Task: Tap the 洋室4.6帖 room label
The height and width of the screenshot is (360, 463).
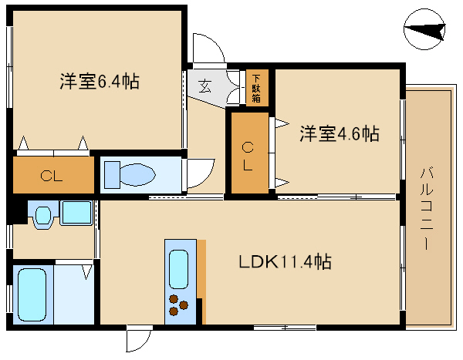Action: pyautogui.click(x=339, y=133)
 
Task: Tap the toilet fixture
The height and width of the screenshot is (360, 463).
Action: pyautogui.click(x=136, y=174)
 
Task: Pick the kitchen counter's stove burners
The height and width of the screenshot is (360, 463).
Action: pyautogui.click(x=178, y=306)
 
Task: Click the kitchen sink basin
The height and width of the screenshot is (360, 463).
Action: pyautogui.click(x=178, y=269)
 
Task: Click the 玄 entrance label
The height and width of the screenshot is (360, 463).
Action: pyautogui.click(x=206, y=86)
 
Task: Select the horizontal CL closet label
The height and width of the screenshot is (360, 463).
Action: pyautogui.click(x=51, y=175)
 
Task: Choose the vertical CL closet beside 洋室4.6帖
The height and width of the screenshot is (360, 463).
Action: pyautogui.click(x=248, y=156)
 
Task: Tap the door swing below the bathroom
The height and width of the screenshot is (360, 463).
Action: pyautogui.click(x=139, y=338)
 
